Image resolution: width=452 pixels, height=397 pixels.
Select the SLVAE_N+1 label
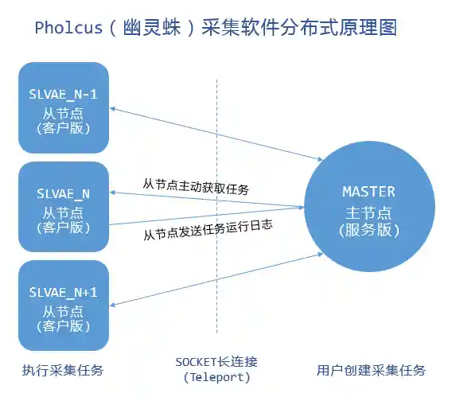(x=63, y=291)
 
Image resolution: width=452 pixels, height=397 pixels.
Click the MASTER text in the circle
(x=368, y=192)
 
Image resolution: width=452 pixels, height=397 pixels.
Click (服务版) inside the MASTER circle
(x=368, y=231)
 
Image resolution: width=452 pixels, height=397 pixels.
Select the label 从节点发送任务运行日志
(x=208, y=229)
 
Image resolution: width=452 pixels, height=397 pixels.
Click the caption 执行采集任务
(x=63, y=370)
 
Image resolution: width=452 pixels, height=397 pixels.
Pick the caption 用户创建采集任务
(x=371, y=370)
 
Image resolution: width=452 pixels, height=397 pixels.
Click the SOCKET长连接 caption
(x=216, y=362)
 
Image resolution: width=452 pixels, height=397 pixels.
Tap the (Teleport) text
(x=216, y=377)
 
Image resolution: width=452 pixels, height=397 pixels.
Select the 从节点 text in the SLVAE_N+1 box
(x=63, y=309)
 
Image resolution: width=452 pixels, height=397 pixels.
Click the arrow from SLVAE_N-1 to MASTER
(x=215, y=134)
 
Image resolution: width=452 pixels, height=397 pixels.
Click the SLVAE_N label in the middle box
(x=63, y=194)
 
